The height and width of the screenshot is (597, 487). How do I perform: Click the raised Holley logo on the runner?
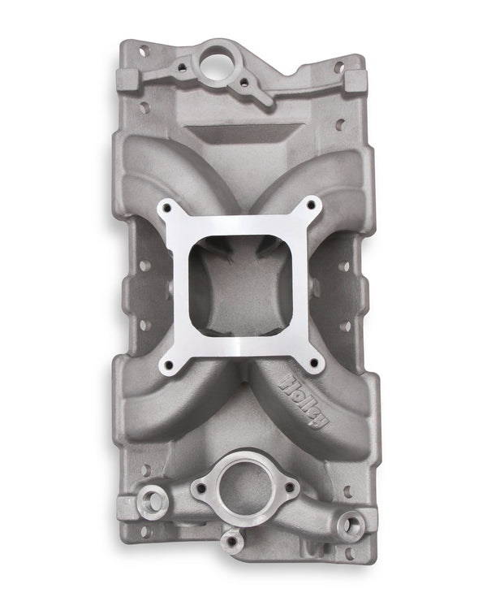pos(308,401)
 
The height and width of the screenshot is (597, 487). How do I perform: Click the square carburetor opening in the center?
pos(242,285)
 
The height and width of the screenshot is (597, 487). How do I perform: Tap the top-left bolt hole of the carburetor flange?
pos(171,210)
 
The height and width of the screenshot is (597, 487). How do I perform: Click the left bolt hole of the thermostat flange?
pos(199,488)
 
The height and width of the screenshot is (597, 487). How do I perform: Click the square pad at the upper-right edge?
pos(357,84)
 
